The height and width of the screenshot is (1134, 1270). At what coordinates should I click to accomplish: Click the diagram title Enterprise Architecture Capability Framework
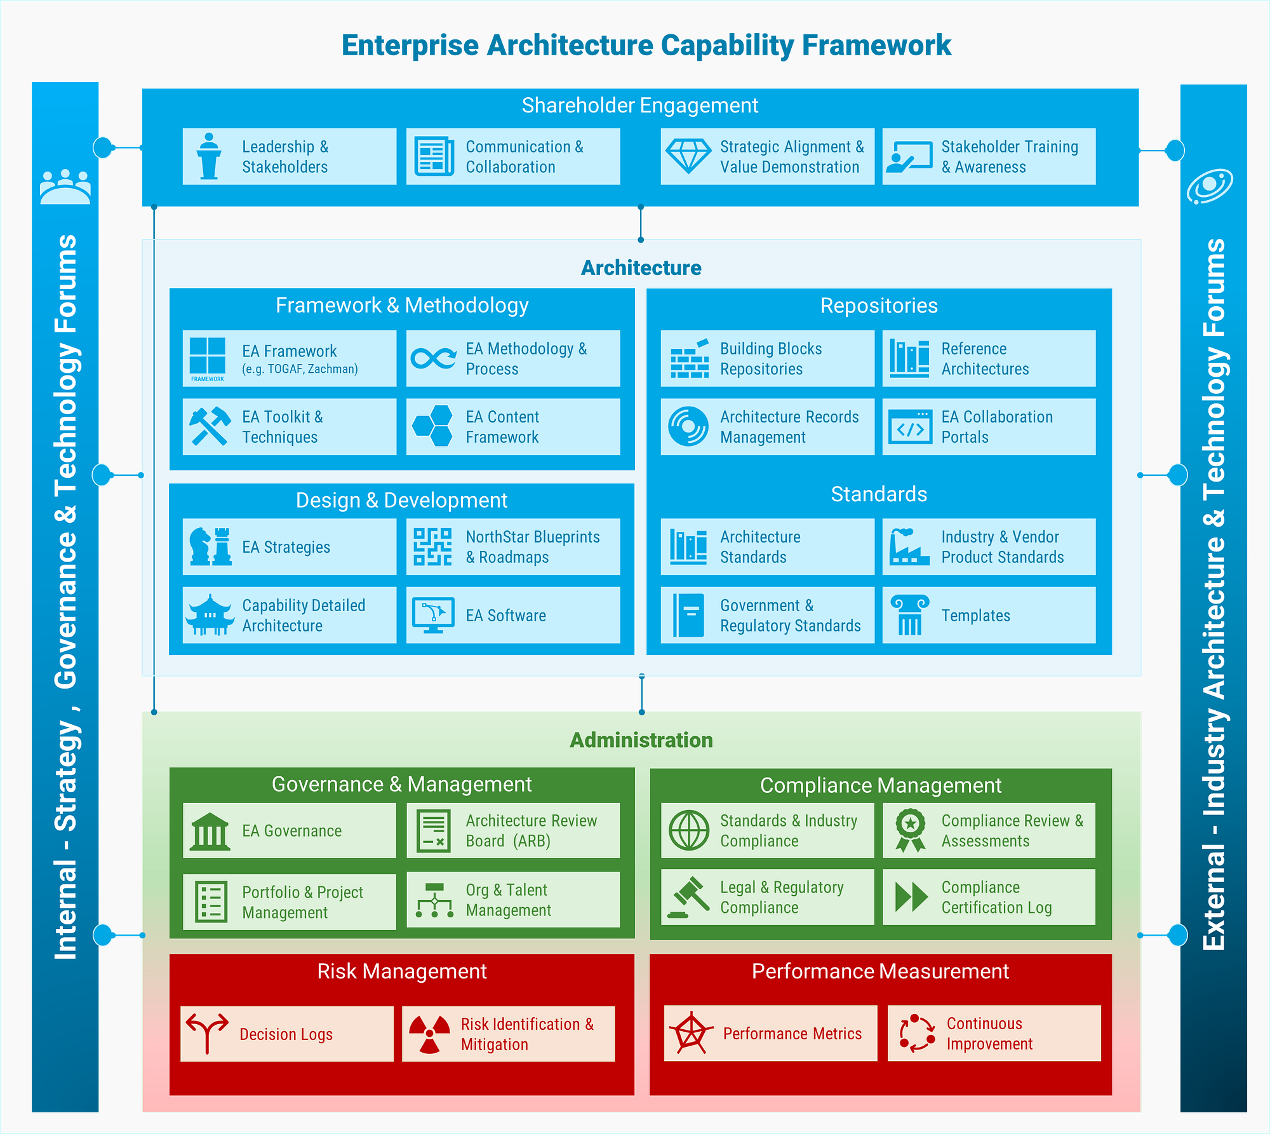click(x=646, y=46)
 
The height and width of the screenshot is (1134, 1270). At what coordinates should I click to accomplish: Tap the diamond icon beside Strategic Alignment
click(x=688, y=156)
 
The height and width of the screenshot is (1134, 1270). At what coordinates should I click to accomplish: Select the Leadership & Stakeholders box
click(x=290, y=157)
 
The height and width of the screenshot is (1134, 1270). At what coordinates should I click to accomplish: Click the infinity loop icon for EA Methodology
click(x=433, y=358)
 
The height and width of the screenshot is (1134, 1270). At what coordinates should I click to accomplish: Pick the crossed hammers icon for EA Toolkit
click(x=210, y=426)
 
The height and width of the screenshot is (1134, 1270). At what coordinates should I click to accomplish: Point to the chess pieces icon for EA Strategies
click(x=210, y=546)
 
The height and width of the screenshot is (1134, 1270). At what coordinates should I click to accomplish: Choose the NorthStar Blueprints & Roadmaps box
click(x=513, y=547)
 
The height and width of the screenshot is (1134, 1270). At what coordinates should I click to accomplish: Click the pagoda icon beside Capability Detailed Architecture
click(x=210, y=615)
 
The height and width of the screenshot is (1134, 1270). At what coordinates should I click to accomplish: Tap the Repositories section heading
click(x=879, y=306)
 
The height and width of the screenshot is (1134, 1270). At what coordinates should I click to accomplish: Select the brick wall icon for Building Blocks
click(x=689, y=359)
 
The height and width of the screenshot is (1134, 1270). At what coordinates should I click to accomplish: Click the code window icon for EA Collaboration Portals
click(x=910, y=426)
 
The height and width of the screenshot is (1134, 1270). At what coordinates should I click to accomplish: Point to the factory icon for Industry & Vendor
click(x=909, y=546)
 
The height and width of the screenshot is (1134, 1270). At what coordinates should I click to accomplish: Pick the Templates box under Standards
click(x=989, y=615)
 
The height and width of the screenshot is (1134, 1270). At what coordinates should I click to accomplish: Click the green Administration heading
click(x=641, y=740)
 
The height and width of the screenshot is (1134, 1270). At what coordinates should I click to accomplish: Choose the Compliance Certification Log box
click(x=989, y=897)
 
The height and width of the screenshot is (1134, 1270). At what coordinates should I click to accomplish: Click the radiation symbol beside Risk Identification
click(x=429, y=1034)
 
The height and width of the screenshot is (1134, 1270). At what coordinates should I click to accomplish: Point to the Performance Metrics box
click(x=770, y=1034)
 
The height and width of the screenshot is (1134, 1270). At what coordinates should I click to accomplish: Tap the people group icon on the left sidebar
click(x=65, y=187)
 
